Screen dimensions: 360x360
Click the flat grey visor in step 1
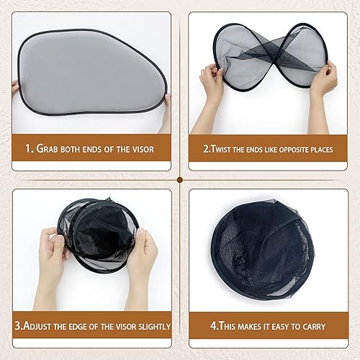90,72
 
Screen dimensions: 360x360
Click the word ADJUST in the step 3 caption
40,326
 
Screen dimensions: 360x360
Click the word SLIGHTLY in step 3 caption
150,326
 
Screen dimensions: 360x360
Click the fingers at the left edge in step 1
15,88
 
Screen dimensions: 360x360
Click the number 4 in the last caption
213,326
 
